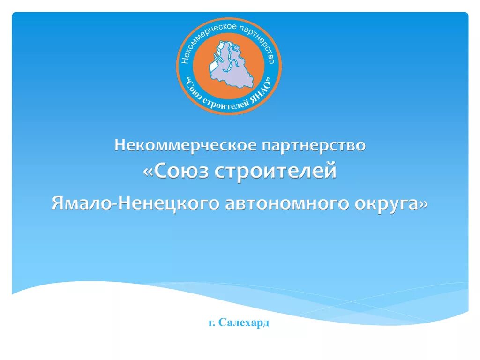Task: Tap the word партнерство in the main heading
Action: click(x=313, y=145)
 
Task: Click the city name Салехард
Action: click(x=244, y=322)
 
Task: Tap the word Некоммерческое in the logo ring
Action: click(x=202, y=39)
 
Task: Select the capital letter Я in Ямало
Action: click(x=58, y=204)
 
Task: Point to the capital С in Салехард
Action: click(x=223, y=322)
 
